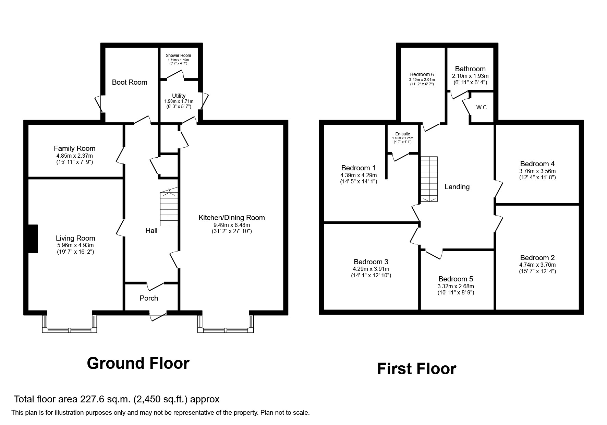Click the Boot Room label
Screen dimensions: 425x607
pyautogui.click(x=130, y=82)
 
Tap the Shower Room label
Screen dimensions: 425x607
pyautogui.click(x=178, y=56)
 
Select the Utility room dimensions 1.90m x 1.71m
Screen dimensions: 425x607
pyautogui.click(x=179, y=101)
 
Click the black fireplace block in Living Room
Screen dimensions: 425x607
pyautogui.click(x=32, y=239)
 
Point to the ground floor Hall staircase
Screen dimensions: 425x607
pyautogui.click(x=169, y=208)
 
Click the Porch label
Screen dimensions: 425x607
pyautogui.click(x=149, y=298)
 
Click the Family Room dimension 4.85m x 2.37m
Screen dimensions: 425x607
pyautogui.click(x=74, y=155)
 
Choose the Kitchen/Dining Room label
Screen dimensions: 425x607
pyautogui.click(x=232, y=218)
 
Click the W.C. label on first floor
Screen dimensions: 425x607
pyautogui.click(x=482, y=108)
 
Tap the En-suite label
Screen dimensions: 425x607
pyautogui.click(x=402, y=134)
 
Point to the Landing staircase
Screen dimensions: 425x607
pyautogui.click(x=429, y=179)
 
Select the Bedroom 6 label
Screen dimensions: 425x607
pyautogui.click(x=422, y=74)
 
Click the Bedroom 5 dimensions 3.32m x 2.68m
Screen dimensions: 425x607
pyautogui.click(x=456, y=286)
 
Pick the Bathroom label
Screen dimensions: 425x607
pyautogui.click(x=470, y=69)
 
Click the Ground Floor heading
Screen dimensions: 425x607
pyautogui.click(x=138, y=363)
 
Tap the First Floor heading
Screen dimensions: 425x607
pyautogui.click(x=416, y=369)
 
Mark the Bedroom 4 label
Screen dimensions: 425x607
pyautogui.click(x=537, y=164)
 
